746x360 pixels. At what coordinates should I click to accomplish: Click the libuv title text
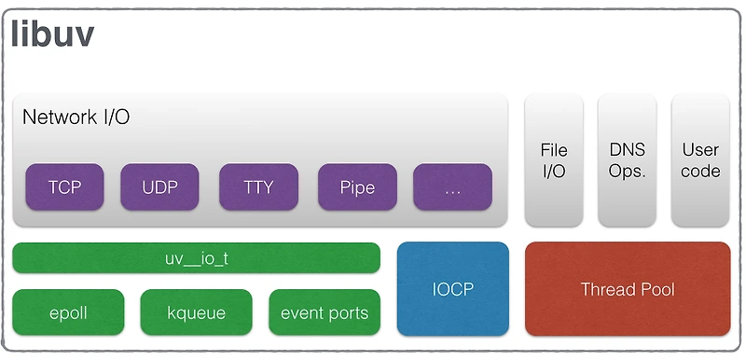52,35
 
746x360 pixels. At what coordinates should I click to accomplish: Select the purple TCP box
64,187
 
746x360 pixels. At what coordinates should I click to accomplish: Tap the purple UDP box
159,187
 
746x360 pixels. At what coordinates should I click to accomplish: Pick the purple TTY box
258,187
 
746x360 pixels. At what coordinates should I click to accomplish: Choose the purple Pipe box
357,187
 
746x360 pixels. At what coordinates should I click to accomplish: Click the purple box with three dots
452,187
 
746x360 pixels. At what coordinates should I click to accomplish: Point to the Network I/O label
76,118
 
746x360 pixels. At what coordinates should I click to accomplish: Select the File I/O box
554,159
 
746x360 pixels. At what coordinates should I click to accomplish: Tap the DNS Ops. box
627,159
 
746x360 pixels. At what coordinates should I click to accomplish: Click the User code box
700,159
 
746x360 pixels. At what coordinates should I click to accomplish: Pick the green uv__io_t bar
196,257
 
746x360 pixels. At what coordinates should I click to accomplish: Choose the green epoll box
68,312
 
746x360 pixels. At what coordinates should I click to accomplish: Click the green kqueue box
196,312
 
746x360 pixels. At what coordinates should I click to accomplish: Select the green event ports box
324,312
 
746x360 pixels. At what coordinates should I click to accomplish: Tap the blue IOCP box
453,289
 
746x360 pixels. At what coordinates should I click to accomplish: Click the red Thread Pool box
627,289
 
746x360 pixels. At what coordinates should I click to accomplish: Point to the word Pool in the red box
655,289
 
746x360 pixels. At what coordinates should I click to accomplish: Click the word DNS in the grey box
627,149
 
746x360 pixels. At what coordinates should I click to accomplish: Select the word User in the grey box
700,149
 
